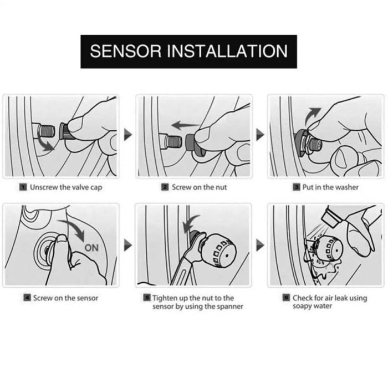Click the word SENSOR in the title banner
click(125, 51)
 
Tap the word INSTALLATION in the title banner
click(227, 51)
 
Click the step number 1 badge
click(23, 187)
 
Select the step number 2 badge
click(165, 187)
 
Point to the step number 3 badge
click(297, 187)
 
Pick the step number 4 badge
click(27, 298)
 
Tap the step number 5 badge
click(147, 297)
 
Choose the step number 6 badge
click(286, 297)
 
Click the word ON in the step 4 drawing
click(91, 248)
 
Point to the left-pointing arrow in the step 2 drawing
click(185, 125)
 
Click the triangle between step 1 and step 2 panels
click(127, 135)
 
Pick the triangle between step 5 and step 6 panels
click(260, 245)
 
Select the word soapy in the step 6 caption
click(301, 307)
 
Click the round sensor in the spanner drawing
click(219, 251)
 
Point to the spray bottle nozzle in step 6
click(331, 218)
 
